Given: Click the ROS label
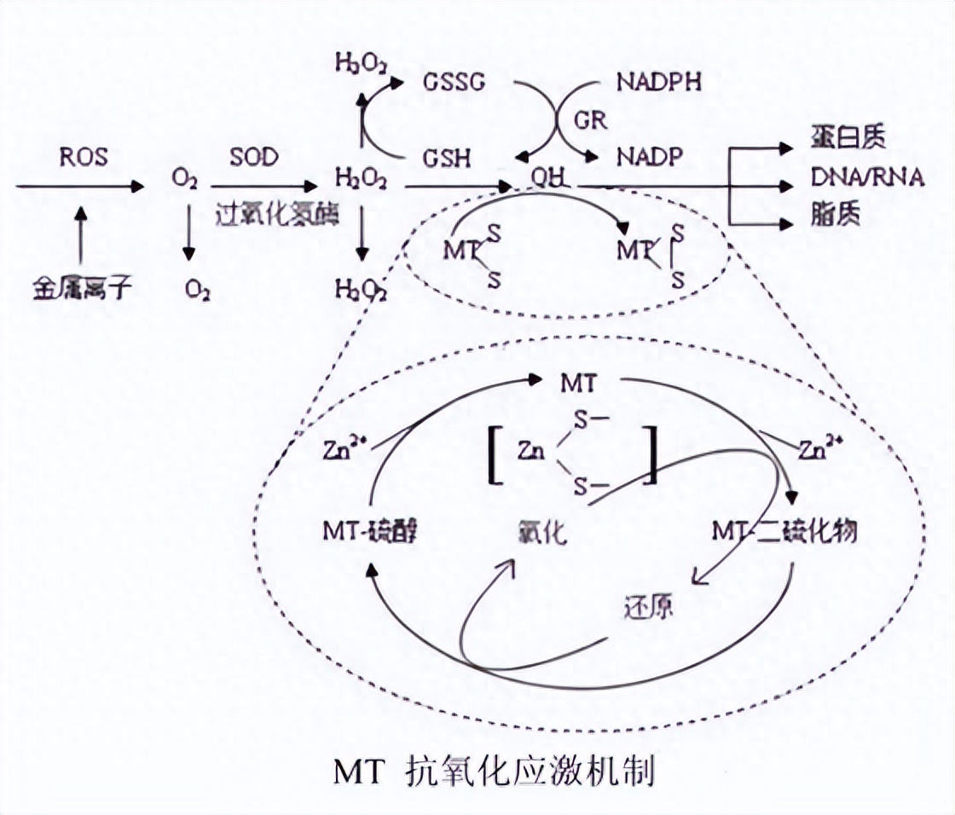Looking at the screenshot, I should pos(84,157).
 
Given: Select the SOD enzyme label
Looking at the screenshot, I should pos(253,157).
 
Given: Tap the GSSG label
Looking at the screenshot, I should pos(454,84).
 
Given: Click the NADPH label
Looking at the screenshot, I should pos(662,84).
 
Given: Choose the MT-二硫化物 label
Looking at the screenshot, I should pos(784,530).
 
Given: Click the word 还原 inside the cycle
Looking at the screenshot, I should pos(649,608).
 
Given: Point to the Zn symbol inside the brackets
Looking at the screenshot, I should pos(531,453).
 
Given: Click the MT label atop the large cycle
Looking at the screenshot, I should pos(581,383).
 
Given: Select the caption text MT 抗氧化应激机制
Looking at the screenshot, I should pos(495,772).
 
